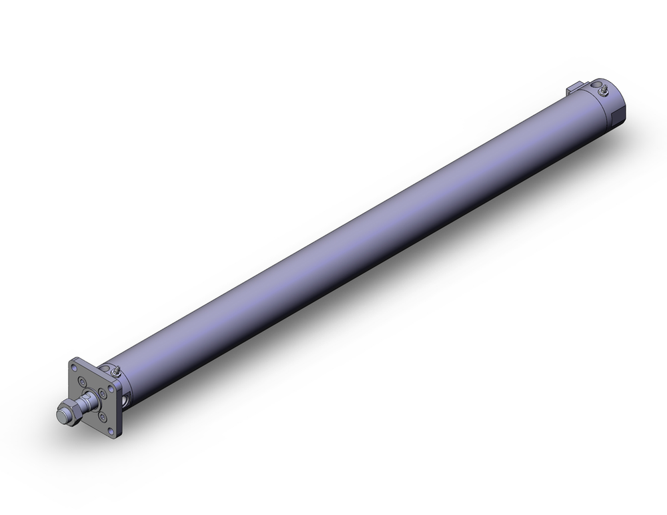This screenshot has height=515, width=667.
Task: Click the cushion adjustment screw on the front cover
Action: (x=116, y=371)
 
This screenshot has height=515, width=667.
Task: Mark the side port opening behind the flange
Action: (x=127, y=400)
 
